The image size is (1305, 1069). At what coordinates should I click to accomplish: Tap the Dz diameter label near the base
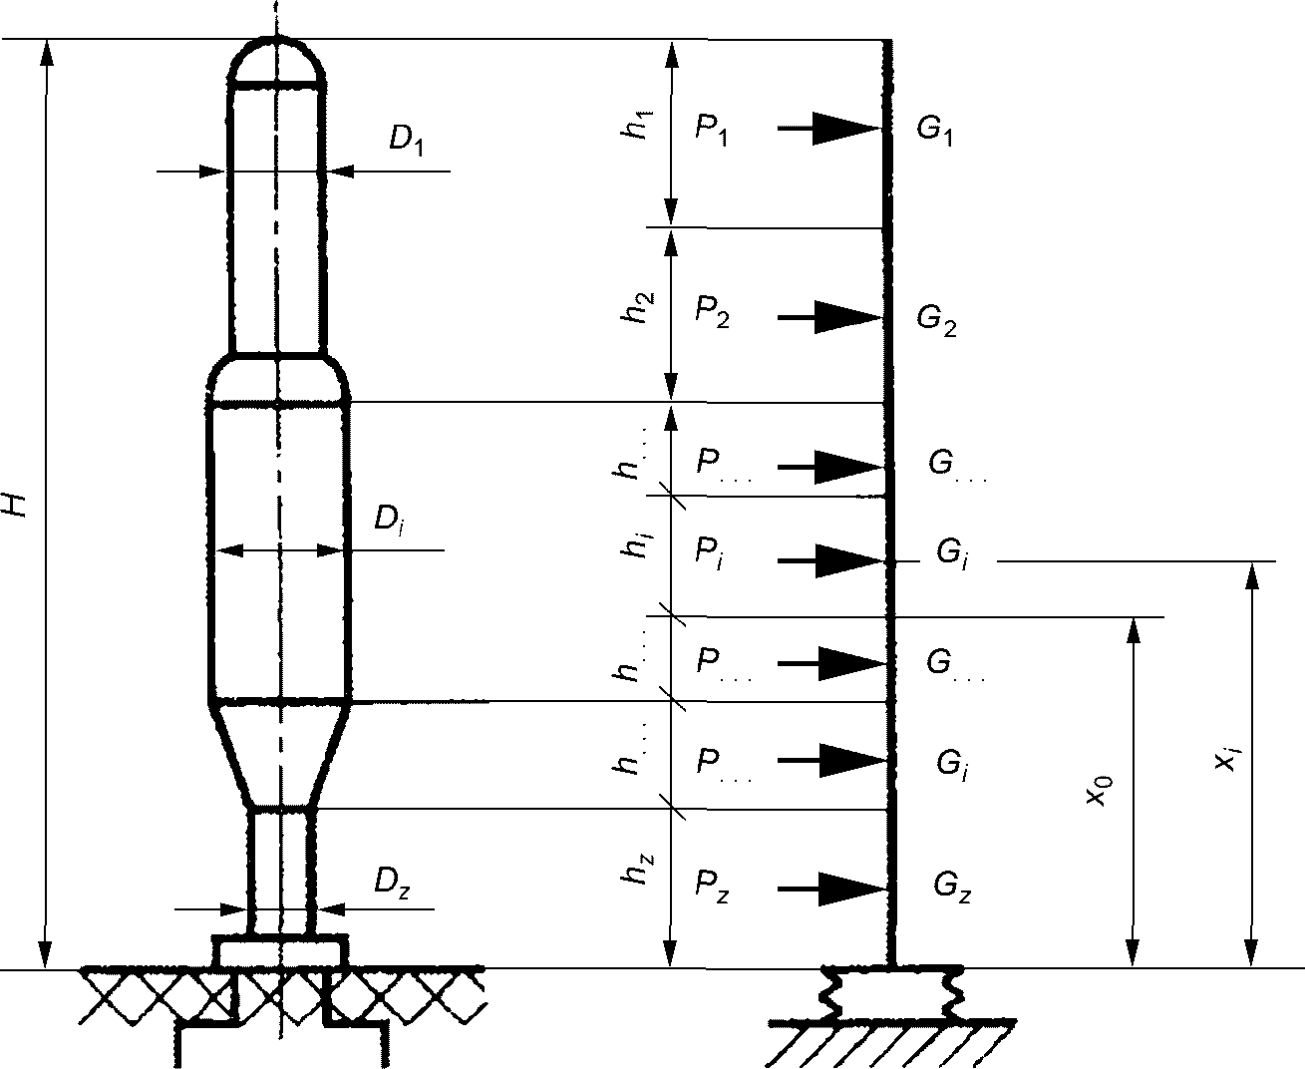click(391, 884)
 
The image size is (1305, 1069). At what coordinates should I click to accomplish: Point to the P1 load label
click(712, 130)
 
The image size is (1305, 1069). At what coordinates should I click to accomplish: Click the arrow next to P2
click(829, 317)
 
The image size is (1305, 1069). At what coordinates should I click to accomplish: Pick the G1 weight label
click(934, 130)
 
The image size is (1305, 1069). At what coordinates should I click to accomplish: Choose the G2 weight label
click(936, 321)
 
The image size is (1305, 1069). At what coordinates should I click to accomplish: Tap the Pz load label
click(712, 887)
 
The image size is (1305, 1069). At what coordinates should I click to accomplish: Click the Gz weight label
click(952, 888)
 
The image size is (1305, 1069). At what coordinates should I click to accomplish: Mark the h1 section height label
click(635, 127)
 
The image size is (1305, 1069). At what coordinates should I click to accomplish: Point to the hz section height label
click(636, 869)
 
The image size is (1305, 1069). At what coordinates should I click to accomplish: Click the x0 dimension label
click(1100, 792)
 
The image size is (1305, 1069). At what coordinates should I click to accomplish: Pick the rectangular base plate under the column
click(280, 952)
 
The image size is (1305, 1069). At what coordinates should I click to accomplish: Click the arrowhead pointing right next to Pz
click(854, 890)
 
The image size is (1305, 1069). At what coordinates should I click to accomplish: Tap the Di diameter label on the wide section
click(390, 519)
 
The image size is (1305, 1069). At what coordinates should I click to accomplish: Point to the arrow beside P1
click(829, 129)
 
